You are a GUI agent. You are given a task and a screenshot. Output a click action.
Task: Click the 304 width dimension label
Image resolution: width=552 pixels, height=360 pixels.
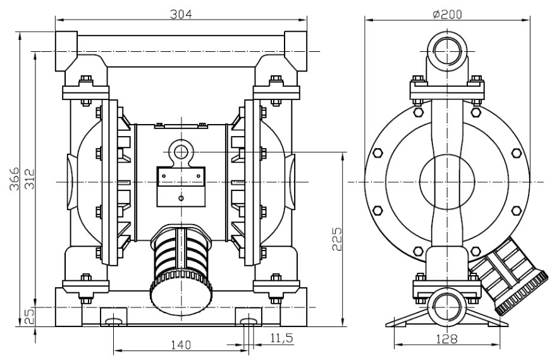pyautogui.click(x=181, y=14)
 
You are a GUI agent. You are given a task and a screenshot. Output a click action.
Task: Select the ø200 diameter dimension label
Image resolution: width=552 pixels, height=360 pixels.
pyautogui.click(x=447, y=14)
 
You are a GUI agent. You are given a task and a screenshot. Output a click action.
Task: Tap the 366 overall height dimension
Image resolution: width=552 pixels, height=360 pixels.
pyautogui.click(x=14, y=179)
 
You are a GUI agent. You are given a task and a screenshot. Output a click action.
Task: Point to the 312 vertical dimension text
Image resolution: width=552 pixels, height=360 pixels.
pyautogui.click(x=30, y=179)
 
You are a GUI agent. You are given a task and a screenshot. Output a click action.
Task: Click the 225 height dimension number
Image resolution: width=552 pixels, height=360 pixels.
pyautogui.click(x=337, y=239)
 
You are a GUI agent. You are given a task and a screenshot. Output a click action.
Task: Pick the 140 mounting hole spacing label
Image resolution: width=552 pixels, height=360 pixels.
pyautogui.click(x=181, y=345)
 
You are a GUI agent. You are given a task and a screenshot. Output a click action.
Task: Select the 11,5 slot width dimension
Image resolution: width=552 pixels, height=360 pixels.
pyautogui.click(x=281, y=338)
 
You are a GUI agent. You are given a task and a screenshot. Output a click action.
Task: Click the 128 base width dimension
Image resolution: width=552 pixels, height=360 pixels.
pyautogui.click(x=447, y=339)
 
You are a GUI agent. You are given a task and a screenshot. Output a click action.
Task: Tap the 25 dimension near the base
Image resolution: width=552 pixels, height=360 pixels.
pyautogui.click(x=30, y=317)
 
